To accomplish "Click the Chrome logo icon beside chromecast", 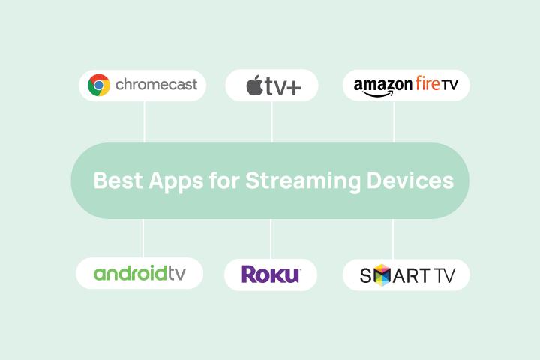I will tap(98, 85).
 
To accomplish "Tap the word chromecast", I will tap(154, 84).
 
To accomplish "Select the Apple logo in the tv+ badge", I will tap(255, 85).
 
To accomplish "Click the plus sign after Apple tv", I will tap(292, 87).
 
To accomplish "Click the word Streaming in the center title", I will tap(298, 181).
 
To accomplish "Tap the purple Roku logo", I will tap(271, 274).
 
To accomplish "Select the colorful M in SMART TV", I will tap(385, 274).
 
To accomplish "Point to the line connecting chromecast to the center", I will tap(144, 121).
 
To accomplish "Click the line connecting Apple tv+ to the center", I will tap(271, 121).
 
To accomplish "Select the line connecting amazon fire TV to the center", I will tap(394, 121).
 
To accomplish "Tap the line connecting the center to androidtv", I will tap(143, 238).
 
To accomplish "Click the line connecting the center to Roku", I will tap(271, 238).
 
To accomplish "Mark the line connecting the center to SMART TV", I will tap(394, 238).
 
